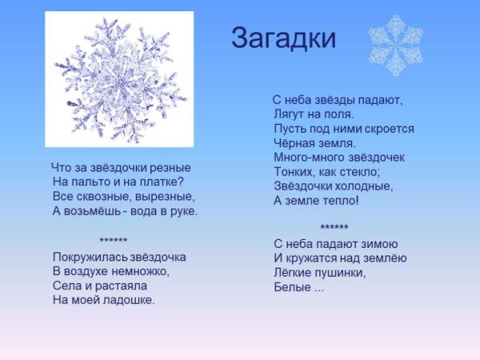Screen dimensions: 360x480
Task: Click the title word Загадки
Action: coord(283,38)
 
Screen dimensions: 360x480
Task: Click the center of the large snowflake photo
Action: coord(119,79)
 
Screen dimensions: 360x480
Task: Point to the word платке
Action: coord(159,182)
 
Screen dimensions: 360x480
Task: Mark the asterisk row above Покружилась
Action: coord(114,242)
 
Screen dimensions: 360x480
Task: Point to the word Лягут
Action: coord(290,114)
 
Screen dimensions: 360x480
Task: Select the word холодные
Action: coord(364,186)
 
